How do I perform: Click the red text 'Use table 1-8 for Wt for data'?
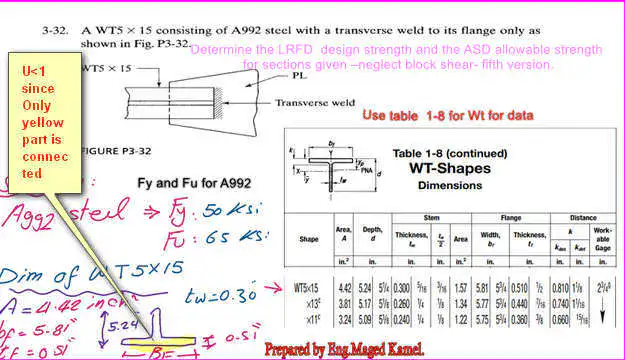pos(447,116)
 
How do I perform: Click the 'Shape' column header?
pos(309,239)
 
